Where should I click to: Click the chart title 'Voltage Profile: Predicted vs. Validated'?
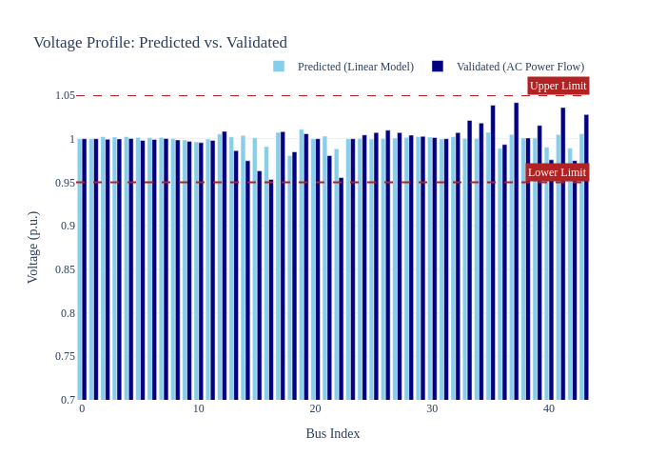(x=161, y=43)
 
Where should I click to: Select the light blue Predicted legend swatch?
(x=279, y=67)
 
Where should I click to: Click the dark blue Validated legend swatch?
(x=438, y=67)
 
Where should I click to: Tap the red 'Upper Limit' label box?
(x=558, y=86)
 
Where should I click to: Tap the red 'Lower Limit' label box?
(x=557, y=172)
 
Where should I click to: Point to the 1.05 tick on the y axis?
(x=65, y=95)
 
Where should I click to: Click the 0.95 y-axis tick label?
(x=65, y=183)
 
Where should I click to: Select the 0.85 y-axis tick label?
(x=65, y=269)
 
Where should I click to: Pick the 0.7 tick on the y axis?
(x=68, y=400)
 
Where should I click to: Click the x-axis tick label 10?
(x=198, y=408)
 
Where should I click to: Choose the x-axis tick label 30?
(x=432, y=408)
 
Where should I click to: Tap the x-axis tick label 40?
(x=549, y=408)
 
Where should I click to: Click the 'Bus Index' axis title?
(x=333, y=433)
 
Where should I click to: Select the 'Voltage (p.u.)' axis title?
(x=32, y=248)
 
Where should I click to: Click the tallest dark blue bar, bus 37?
(x=516, y=251)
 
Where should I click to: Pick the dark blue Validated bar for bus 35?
(x=493, y=252)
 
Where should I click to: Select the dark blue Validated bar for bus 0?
(x=84, y=269)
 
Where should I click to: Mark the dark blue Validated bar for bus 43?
(x=586, y=257)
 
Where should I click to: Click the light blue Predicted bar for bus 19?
(x=302, y=265)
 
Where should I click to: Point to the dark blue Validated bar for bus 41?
(x=563, y=254)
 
